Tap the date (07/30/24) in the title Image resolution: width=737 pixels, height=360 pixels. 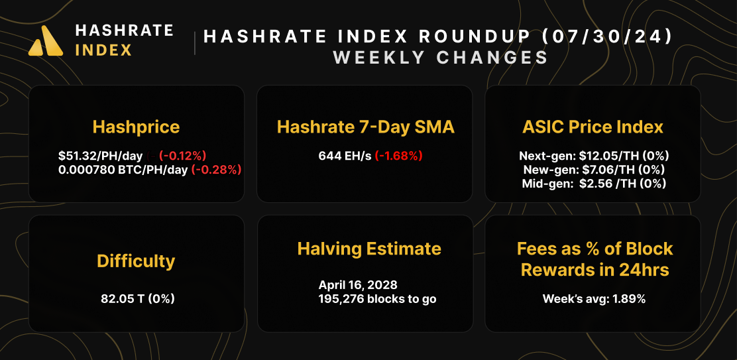[608, 36]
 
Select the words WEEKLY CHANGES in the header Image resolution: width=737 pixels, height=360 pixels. [440, 58]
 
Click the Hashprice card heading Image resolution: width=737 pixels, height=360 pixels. [136, 127]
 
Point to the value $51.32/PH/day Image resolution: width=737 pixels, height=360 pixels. [100, 156]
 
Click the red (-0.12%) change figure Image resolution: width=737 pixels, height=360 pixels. [183, 156]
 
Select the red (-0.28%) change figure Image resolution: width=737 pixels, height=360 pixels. [216, 169]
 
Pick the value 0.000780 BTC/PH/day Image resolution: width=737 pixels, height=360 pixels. [123, 169]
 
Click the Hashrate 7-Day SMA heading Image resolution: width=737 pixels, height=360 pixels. [365, 127]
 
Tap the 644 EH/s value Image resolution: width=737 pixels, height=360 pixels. [345, 156]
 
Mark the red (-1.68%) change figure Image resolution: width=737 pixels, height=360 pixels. [398, 156]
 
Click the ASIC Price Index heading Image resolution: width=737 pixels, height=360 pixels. [593, 127]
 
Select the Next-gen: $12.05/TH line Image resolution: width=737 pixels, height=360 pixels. [593, 156]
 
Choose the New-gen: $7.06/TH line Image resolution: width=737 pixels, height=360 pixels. [593, 170]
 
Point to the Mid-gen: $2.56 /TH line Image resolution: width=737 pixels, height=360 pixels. [593, 184]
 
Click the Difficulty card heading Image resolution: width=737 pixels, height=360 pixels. [136, 261]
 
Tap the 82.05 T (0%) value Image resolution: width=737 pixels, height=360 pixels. [137, 298]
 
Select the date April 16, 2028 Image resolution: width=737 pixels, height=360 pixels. [358, 285]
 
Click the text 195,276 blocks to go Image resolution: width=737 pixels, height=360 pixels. [377, 299]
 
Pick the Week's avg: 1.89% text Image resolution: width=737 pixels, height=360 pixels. [594, 298]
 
